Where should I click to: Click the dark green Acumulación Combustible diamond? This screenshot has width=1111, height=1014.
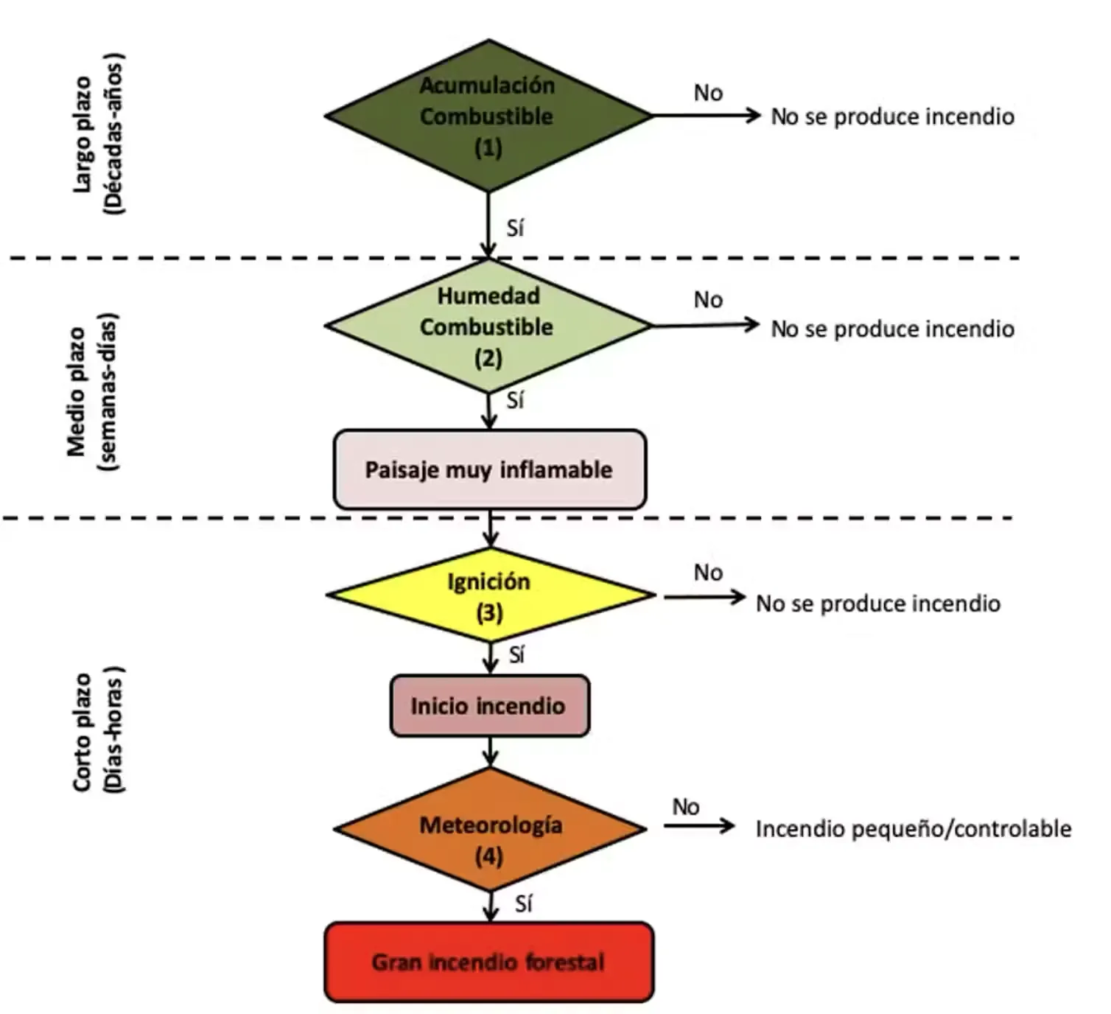(488, 116)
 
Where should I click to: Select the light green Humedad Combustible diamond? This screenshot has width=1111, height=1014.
(488, 326)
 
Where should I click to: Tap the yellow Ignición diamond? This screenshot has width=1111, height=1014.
(491, 595)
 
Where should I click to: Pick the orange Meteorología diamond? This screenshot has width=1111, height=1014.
(490, 829)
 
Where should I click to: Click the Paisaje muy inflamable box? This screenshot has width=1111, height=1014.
(490, 469)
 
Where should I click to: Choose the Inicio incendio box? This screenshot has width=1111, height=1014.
(490, 705)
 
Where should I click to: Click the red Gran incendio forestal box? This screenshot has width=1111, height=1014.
(489, 962)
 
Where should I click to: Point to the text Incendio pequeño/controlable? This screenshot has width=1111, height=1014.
(914, 829)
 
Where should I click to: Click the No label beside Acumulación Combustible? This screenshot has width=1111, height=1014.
(708, 93)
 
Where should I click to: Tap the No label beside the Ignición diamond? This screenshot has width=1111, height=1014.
(708, 573)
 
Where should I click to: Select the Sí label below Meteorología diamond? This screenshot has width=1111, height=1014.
(523, 904)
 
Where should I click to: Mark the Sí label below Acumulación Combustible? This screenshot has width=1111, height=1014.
(515, 228)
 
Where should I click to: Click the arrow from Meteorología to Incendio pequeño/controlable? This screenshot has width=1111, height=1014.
(699, 826)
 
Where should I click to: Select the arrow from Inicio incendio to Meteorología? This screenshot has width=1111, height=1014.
(490, 752)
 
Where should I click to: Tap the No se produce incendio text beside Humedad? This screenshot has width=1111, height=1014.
(893, 329)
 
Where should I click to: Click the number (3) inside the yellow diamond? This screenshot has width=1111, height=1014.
(490, 613)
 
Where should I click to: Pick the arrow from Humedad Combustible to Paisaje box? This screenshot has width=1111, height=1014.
(488, 411)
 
